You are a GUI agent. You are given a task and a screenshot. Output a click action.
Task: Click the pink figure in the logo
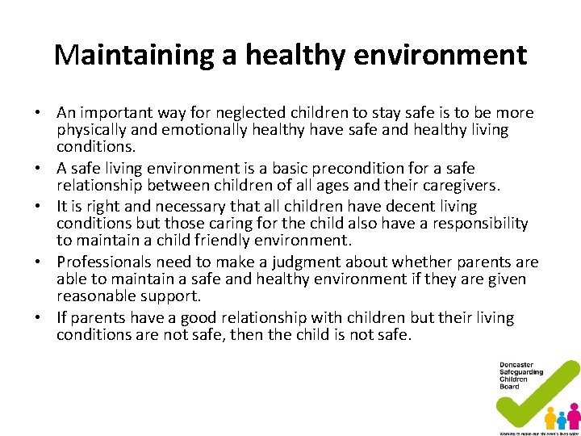[x=574, y=415]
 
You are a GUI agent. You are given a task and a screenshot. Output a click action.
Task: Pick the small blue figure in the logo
[x=562, y=420]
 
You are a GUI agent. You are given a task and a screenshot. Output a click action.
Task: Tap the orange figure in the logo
[x=550, y=417]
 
